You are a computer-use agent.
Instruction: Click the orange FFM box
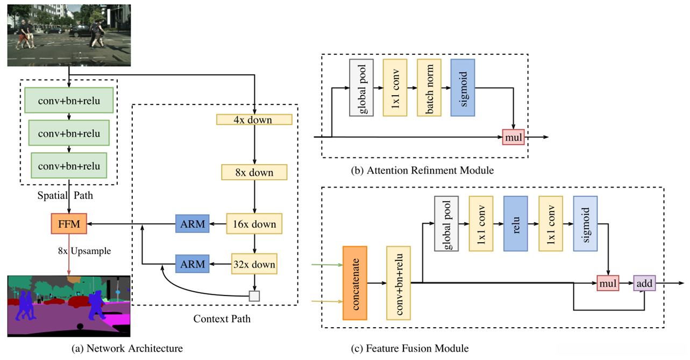pos(69,223)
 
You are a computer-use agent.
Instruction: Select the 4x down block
pos(254,119)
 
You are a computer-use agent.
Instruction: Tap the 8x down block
pos(254,172)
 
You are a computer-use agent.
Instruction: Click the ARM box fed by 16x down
pos(192,223)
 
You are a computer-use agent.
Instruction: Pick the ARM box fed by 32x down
pos(192,264)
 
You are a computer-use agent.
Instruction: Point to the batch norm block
pos(429,88)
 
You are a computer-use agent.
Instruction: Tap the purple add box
pos(644,283)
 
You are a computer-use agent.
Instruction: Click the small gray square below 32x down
pos(254,295)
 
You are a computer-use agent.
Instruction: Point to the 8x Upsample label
pos(80,250)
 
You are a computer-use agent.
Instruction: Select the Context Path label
pos(222,319)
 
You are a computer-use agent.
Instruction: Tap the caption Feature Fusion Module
pos(417,349)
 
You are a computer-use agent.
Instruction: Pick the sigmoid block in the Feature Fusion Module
pos(586,223)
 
